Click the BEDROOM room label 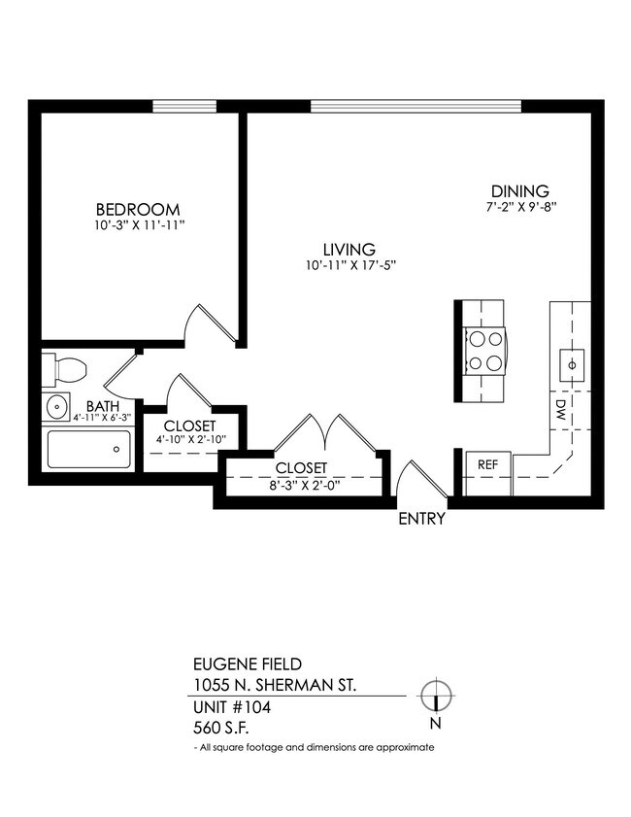point(137,209)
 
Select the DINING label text point(519,191)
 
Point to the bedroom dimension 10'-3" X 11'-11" point(137,225)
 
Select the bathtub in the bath point(89,450)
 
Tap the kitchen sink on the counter point(571,363)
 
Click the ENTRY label point(421,519)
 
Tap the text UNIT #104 point(232,707)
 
